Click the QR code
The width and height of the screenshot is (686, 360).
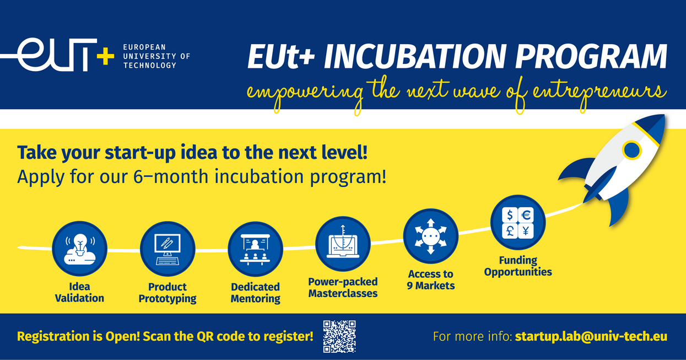click(x=339, y=336)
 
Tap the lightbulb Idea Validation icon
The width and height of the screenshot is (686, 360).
click(x=80, y=249)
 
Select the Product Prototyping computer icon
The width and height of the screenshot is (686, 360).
click(x=168, y=249)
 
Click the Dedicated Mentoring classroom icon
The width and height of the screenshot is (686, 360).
click(x=255, y=249)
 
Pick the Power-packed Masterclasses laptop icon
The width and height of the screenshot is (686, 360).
click(x=343, y=244)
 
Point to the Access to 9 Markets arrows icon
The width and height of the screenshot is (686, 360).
click(x=430, y=236)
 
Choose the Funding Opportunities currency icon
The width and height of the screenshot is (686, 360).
click(x=518, y=222)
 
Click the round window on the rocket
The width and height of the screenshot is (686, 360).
click(x=631, y=150)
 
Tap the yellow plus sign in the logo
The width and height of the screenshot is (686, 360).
click(x=105, y=56)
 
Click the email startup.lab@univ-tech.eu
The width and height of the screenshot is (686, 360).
click(x=591, y=336)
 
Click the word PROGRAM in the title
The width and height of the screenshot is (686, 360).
click(x=592, y=57)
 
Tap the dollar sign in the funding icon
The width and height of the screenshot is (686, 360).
click(x=510, y=215)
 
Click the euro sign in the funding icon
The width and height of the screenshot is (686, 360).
click(x=526, y=215)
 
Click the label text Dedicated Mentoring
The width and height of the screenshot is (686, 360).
click(x=256, y=293)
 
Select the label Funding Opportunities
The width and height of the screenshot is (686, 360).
click(x=518, y=266)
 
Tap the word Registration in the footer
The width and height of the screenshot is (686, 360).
click(x=53, y=336)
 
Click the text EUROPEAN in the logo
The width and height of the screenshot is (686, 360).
click(x=144, y=47)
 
